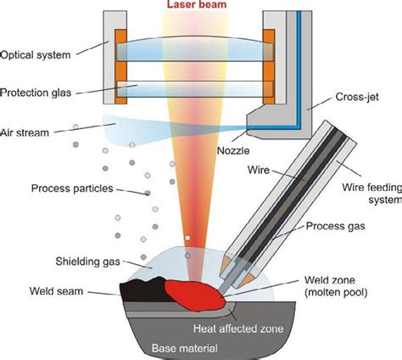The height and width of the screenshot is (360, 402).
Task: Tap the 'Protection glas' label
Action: click(x=41, y=91)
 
